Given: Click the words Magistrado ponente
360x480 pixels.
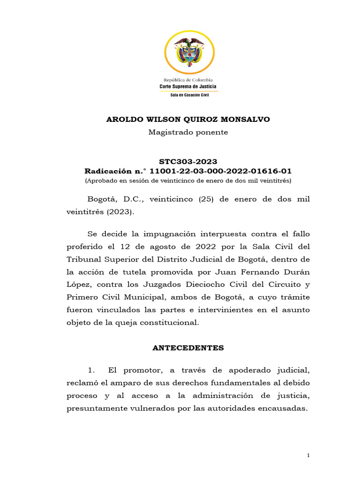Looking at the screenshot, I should (188, 132).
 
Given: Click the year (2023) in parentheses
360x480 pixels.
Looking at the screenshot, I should (120, 212).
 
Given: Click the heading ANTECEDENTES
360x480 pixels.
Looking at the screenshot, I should (188, 348).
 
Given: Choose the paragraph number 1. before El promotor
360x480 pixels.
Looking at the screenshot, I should (92, 370).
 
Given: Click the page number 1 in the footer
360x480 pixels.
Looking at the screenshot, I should (308, 456).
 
